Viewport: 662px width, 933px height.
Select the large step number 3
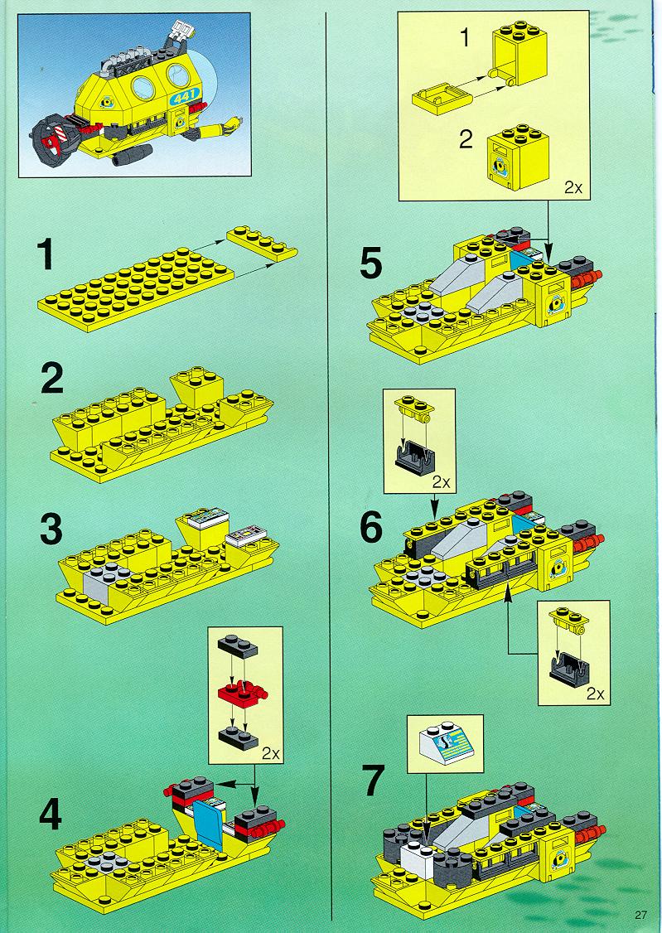click(x=51, y=531)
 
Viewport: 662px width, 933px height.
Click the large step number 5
click(x=371, y=263)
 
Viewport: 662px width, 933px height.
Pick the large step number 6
click(x=372, y=527)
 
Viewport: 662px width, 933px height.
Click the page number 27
click(x=640, y=915)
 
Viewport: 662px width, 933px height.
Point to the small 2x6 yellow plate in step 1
click(x=262, y=243)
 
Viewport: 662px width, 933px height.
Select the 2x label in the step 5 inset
click(x=573, y=188)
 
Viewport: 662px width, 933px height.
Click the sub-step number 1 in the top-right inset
click(x=465, y=37)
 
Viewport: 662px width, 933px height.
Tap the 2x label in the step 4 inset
click(x=271, y=753)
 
